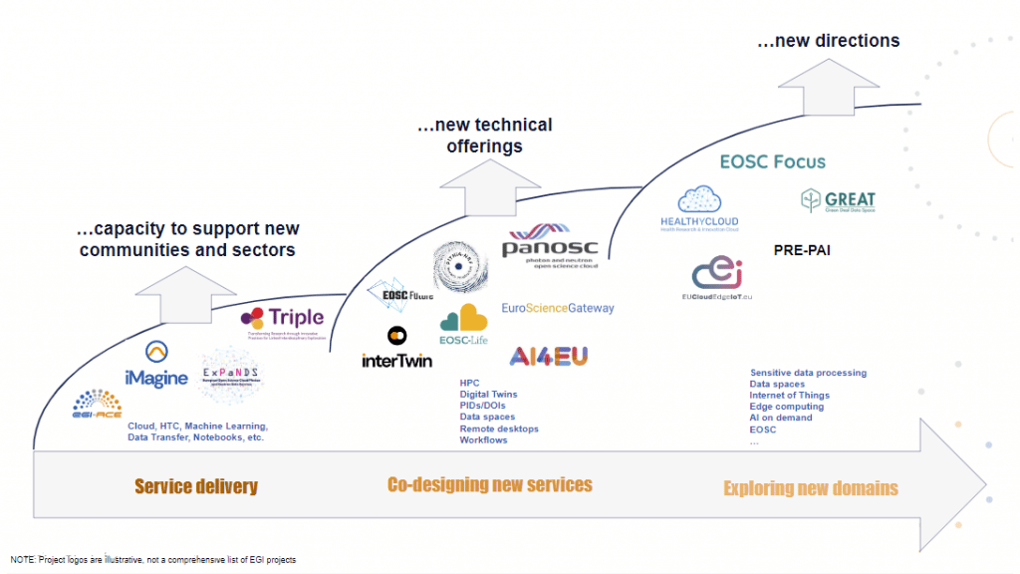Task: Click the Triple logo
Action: [x=283, y=320]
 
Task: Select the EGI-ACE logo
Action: [x=97, y=404]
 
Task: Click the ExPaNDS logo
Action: [x=232, y=375]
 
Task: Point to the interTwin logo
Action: [x=396, y=350]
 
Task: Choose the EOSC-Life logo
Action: [x=463, y=323]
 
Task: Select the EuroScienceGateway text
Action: [x=558, y=308]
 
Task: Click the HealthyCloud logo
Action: [x=699, y=207]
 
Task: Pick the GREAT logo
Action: [x=837, y=201]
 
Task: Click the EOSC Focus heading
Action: [x=772, y=160]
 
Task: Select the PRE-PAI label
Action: [x=802, y=251]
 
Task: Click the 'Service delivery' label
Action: [x=195, y=487]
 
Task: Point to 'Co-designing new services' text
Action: [x=489, y=485]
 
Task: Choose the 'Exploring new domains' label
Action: [x=810, y=488]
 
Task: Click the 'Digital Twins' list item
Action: [x=488, y=395]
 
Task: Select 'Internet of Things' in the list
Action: [x=789, y=396]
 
